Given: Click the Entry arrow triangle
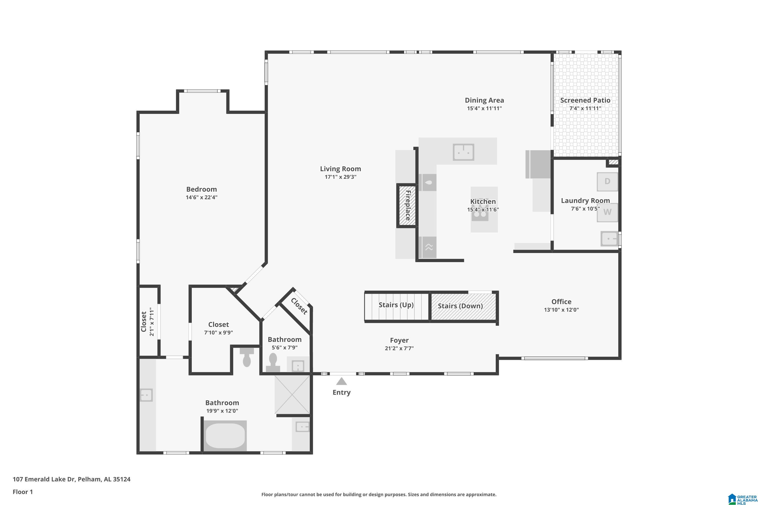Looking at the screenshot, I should point(341,382).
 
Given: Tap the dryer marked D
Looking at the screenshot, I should point(607,182).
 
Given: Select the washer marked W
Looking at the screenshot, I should point(607,212).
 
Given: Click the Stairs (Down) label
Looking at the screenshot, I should point(460,306).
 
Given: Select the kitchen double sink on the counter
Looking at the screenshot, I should point(463,152).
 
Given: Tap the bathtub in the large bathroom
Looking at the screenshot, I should point(225,435).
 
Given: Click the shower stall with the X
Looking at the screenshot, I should point(292,394).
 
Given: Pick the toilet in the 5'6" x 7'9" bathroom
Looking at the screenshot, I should point(273,362).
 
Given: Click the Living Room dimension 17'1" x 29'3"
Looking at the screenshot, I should point(340,177).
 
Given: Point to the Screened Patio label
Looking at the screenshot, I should point(585,100).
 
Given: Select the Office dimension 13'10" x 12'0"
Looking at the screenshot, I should point(561,310).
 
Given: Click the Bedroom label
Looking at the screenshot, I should point(201,189).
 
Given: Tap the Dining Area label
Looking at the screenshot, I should point(484,100).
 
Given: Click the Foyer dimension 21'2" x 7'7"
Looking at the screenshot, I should point(399,348).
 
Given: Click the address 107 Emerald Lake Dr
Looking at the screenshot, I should point(71,479).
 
